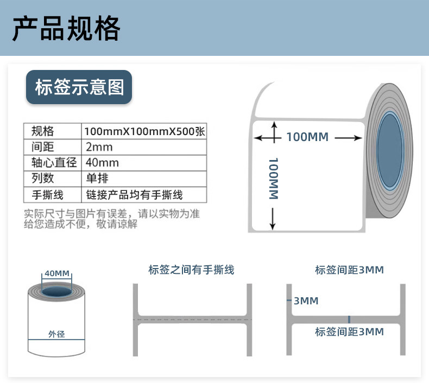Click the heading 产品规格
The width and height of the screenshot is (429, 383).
pos(66,28)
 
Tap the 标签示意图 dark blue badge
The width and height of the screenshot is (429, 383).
pos(79,87)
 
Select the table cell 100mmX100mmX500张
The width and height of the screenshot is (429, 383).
pos(144,131)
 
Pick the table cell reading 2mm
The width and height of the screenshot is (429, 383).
pos(99,147)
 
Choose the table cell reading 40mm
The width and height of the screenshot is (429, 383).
pos(102,163)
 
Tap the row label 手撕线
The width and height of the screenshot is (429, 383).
pos(48,194)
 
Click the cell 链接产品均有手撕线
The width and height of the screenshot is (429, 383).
pos(135,194)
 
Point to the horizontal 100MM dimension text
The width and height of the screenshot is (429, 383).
pos(307,137)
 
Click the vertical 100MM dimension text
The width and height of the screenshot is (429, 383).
pos(273,178)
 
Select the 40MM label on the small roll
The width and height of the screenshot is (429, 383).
pos(57,273)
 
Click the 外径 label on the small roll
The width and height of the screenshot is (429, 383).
pos(56,334)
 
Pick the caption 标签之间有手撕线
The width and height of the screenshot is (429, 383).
pos(192,270)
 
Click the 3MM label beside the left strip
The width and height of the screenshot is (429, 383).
pos(306,301)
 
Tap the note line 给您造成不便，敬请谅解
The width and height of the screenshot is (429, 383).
pos(81,225)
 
